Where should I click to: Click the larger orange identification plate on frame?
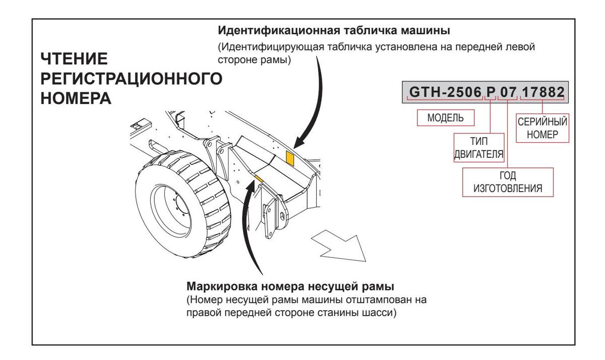point(290,157)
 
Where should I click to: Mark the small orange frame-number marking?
point(259,177)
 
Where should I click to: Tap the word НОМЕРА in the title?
point(75,97)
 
